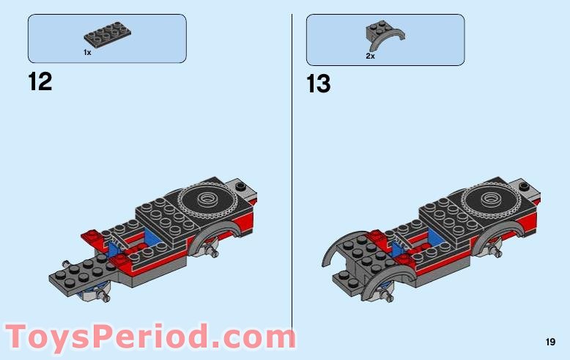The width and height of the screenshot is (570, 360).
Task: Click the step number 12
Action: point(40,81)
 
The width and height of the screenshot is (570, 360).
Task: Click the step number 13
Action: point(319,84)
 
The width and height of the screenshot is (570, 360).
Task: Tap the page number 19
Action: point(550,342)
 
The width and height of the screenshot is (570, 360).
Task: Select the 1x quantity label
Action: point(87,53)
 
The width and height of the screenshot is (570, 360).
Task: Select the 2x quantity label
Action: point(371,55)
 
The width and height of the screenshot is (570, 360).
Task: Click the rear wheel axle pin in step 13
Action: point(498,254)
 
